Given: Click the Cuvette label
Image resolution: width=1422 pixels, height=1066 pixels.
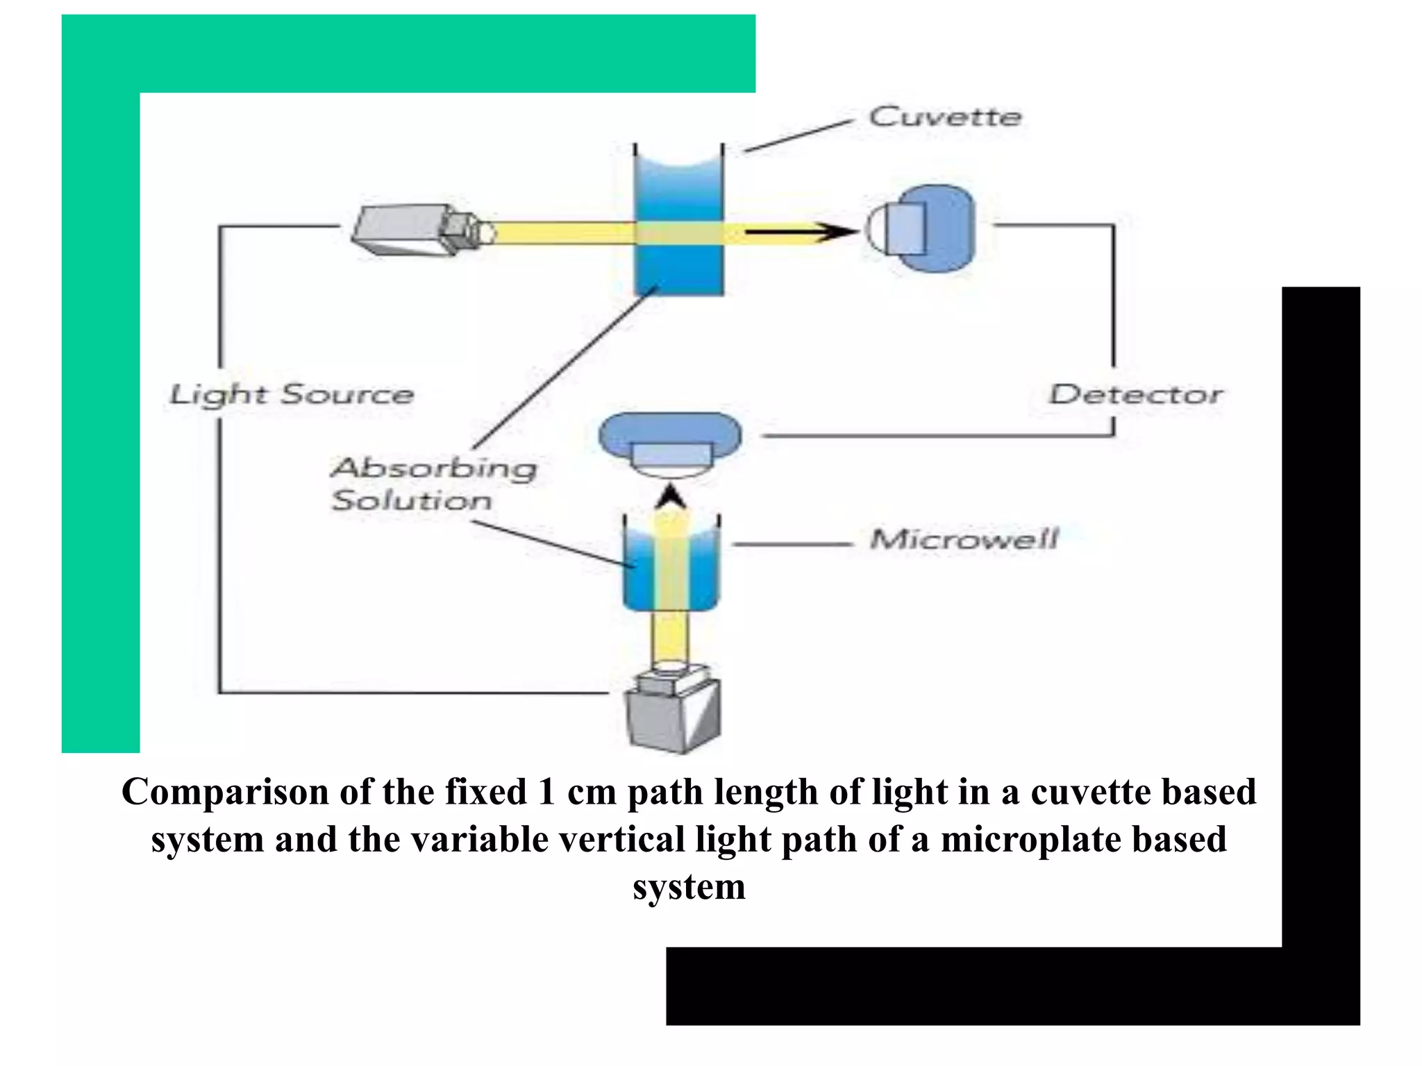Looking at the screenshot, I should [x=944, y=117].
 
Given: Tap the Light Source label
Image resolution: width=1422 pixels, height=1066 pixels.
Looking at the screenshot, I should [x=292, y=395].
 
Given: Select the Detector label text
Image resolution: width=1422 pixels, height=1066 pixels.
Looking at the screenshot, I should [x=1135, y=394].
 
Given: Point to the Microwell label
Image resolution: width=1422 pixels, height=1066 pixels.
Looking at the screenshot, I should [x=964, y=539].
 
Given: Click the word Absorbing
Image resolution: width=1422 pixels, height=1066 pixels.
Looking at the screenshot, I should [x=434, y=468].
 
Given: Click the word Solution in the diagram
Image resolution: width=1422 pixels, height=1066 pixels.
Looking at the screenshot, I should [x=412, y=500].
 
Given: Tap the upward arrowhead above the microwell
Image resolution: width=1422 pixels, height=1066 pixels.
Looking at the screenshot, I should [x=671, y=497].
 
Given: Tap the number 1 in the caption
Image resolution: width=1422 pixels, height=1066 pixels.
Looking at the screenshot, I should [x=546, y=792].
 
